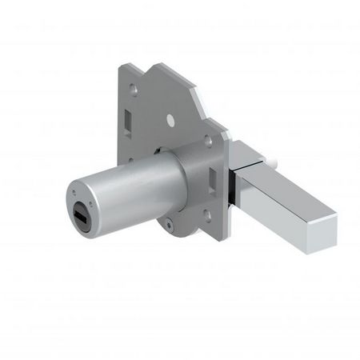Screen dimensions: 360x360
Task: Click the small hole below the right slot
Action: point(206,212)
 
